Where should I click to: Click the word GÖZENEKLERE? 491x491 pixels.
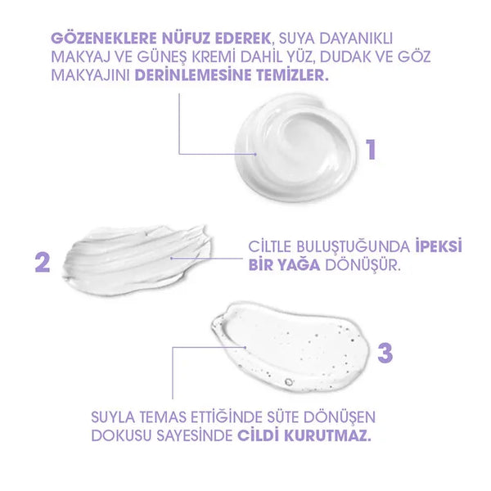click(x=104, y=38)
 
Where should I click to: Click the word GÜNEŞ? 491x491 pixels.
click(x=162, y=57)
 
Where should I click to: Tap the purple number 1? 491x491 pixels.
click(x=371, y=150)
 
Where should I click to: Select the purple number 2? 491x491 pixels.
click(x=43, y=263)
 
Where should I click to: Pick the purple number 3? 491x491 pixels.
click(x=385, y=353)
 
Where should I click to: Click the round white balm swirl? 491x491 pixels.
click(x=295, y=148)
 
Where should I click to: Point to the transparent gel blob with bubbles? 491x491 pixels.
click(x=290, y=346)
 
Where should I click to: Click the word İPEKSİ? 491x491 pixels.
click(x=439, y=246)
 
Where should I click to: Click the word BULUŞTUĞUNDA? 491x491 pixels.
click(x=354, y=247)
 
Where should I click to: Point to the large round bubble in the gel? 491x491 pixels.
click(x=288, y=381)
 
